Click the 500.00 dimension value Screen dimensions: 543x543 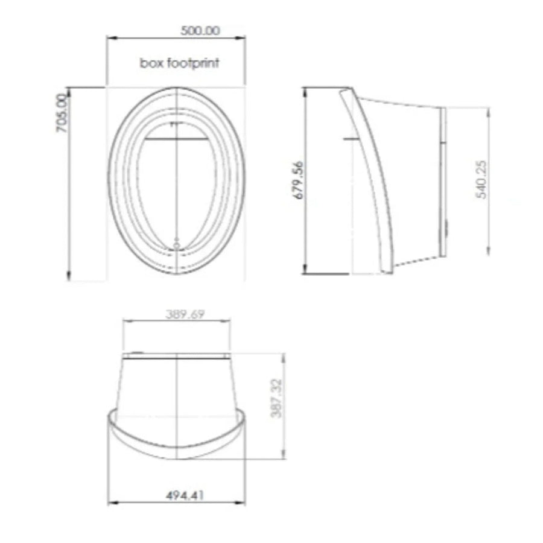coord(200,31)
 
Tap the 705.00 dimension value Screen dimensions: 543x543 coord(62,113)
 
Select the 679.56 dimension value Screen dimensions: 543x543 coord(297,180)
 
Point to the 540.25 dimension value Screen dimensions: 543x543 coord(481,179)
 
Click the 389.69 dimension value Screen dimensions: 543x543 coord(185,314)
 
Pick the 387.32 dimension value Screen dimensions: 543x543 coord(276,399)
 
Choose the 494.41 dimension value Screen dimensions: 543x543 coord(185,495)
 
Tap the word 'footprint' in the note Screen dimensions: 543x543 coord(193,63)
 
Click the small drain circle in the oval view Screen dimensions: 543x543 coord(177,246)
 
